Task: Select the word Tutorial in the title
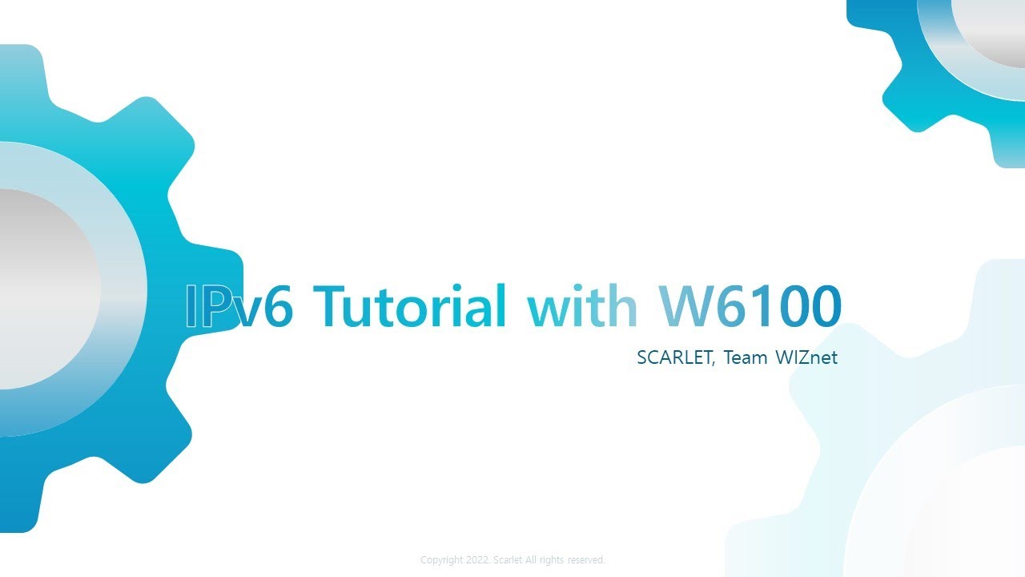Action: click(409, 306)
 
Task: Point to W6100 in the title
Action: click(750, 306)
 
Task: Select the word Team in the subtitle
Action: click(746, 358)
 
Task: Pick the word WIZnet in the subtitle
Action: click(806, 358)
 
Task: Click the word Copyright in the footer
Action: click(442, 560)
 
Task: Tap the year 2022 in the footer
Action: click(479, 560)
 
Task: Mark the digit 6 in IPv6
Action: click(277, 306)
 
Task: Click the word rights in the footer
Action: click(552, 560)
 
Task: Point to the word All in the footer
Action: click(533, 560)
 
